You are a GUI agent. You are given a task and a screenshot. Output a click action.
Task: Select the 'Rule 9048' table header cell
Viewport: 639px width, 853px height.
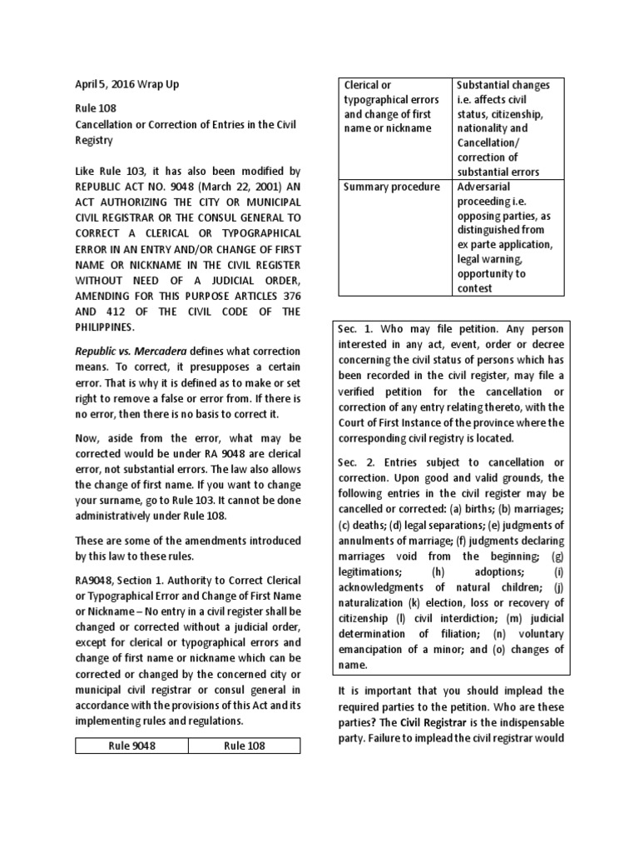(x=131, y=746)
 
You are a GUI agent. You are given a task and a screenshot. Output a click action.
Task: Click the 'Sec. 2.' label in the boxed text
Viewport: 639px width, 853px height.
(x=356, y=462)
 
